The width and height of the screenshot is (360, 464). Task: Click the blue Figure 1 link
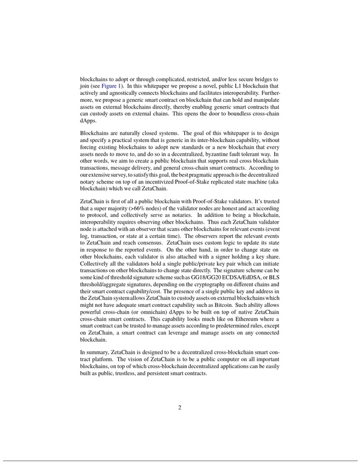(x=110, y=86)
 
